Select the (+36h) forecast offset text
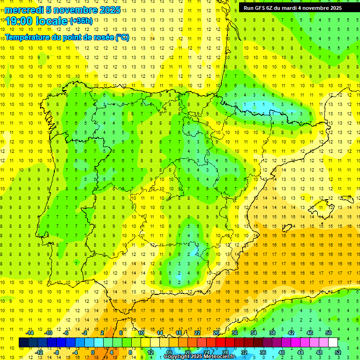point(81,21)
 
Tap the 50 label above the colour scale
point(329,333)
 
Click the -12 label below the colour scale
point(39,352)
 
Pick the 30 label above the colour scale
point(235,333)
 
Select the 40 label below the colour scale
point(282,352)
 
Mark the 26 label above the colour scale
point(216,333)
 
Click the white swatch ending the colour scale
point(333,343)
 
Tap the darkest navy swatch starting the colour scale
point(23,343)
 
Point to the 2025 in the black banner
point(335,7)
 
